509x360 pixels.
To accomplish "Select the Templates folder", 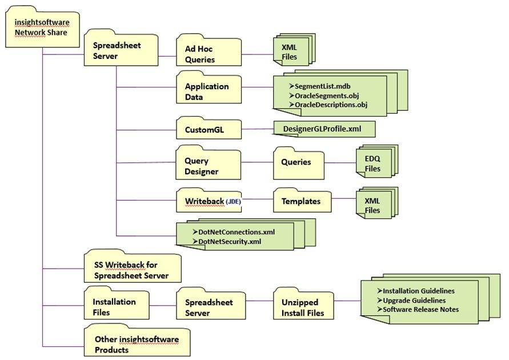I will pyautogui.click(x=301, y=201).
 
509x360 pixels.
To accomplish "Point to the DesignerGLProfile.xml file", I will pyautogui.click(x=324, y=129).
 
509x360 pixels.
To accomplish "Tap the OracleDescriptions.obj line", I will pyautogui.click(x=331, y=105).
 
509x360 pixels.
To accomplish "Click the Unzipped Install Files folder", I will pyautogui.click(x=303, y=307).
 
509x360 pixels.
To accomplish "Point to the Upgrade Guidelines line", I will pyautogui.click(x=414, y=300).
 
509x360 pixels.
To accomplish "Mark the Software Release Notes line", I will pyautogui.click(x=420, y=310).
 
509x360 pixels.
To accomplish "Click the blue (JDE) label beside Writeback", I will pyautogui.click(x=234, y=202).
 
